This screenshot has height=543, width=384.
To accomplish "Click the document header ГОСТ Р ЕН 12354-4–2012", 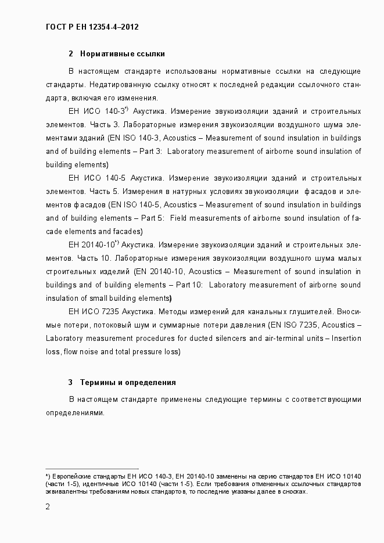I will (92, 27).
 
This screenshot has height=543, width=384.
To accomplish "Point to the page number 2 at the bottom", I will (48, 506).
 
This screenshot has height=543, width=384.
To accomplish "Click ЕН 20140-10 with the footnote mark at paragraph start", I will (93, 244).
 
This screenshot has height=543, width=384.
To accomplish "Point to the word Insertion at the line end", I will (346, 338).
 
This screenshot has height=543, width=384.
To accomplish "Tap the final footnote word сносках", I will (293, 491).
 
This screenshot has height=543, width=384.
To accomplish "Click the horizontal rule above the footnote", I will (92, 469).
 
